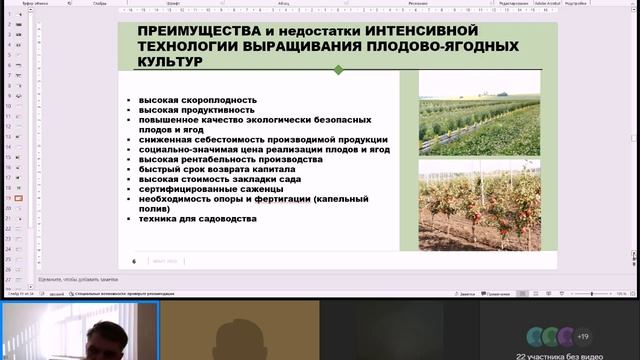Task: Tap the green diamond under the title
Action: click(338, 70)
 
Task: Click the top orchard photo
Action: click(479, 113)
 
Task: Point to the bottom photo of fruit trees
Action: click(479, 207)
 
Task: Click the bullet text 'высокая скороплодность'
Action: click(198, 100)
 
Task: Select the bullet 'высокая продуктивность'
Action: click(198, 110)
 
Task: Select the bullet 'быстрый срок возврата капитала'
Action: click(217, 170)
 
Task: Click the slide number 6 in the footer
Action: click(134, 259)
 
